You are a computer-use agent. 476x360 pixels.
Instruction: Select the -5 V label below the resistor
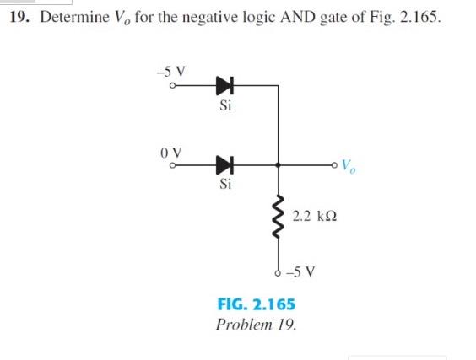303,272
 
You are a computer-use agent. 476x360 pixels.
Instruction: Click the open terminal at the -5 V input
172,86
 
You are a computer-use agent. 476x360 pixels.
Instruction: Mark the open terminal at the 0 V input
172,165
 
